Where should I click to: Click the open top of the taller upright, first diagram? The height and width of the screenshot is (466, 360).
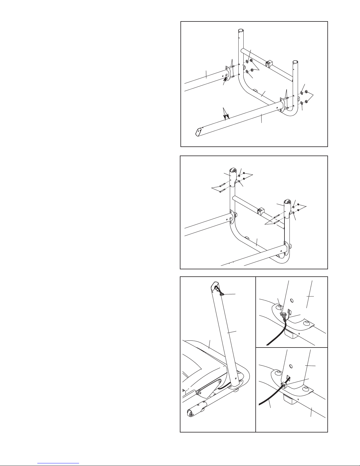tap(241, 30)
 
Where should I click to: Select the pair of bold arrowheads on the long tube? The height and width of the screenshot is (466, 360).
tap(226, 115)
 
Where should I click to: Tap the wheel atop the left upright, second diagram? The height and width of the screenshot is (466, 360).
tap(234, 171)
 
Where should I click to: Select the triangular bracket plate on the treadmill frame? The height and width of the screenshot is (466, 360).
tap(209, 390)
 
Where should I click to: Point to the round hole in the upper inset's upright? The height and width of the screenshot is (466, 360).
tap(291, 300)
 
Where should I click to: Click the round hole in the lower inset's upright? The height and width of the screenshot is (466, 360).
tap(291, 366)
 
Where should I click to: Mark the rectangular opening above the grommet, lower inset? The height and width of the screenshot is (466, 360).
tap(288, 377)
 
